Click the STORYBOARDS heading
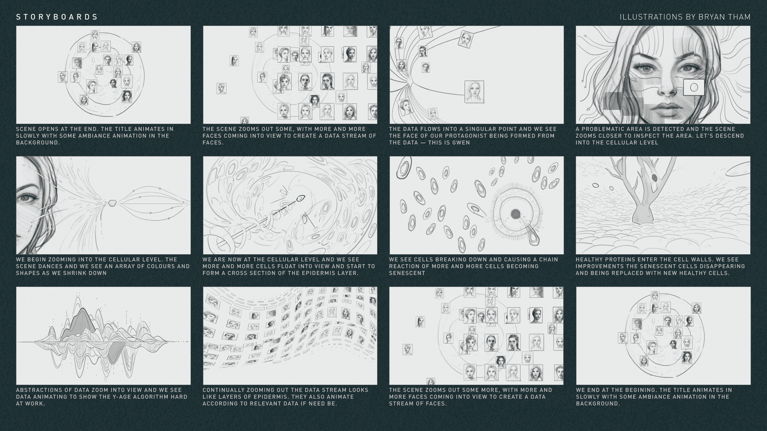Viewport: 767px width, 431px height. tap(57, 17)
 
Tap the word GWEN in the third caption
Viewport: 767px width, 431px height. tap(461, 142)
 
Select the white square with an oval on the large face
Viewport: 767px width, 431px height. tap(693, 87)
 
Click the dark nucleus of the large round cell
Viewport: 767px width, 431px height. tap(515, 214)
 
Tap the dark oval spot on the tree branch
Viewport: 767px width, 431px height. tap(654, 177)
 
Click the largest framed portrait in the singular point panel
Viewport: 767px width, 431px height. tap(474, 91)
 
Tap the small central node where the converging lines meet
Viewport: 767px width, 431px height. tap(112, 203)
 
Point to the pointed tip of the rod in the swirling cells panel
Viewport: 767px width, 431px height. tap(302, 197)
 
